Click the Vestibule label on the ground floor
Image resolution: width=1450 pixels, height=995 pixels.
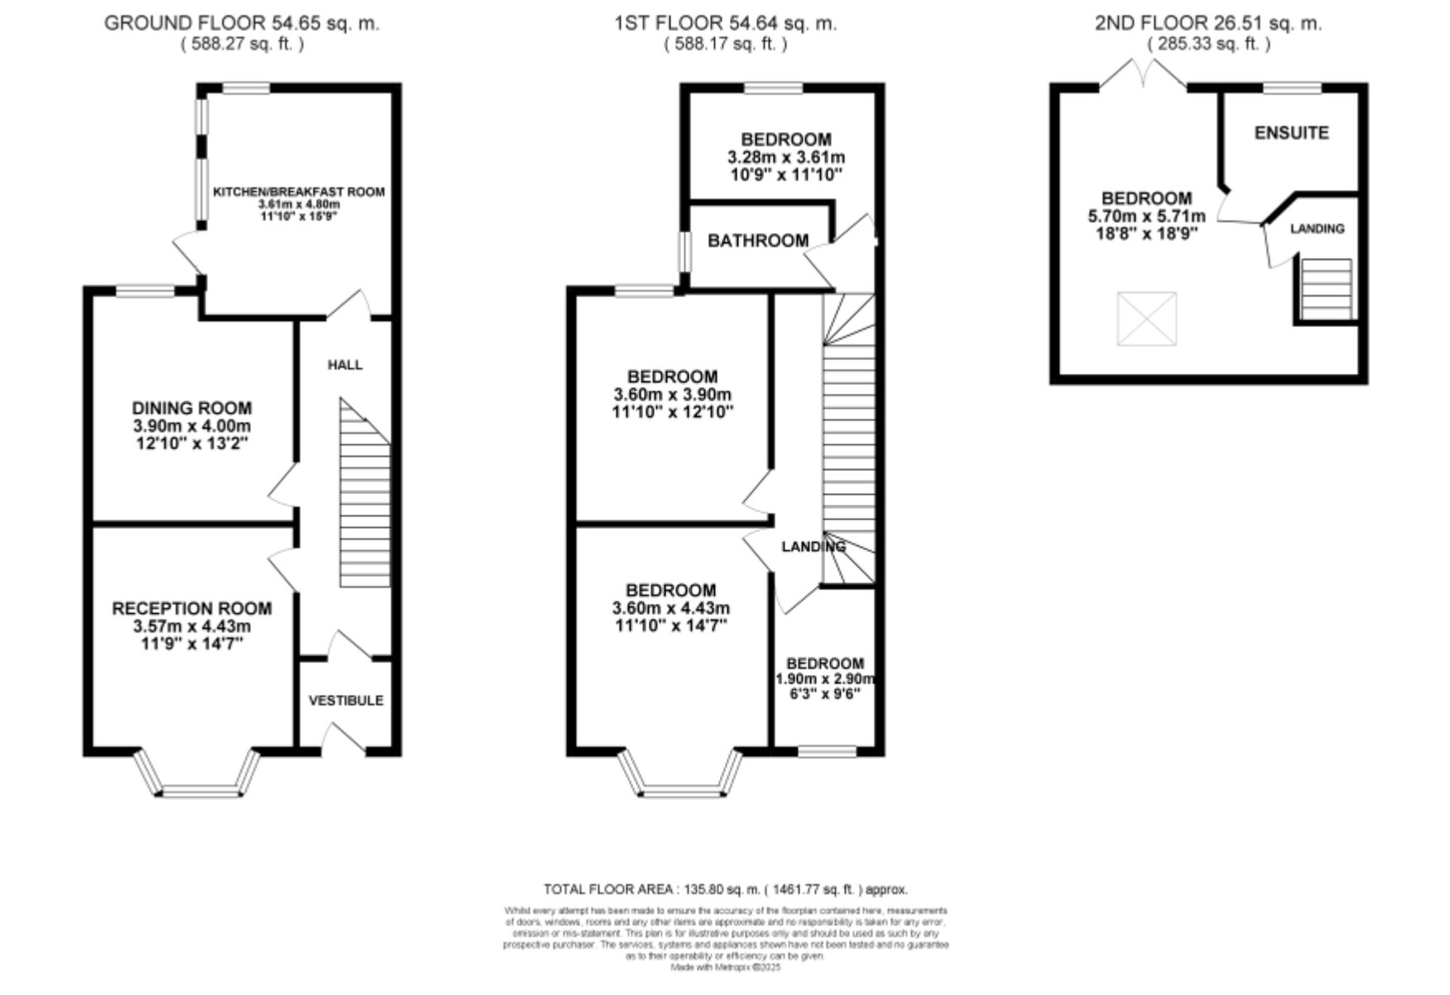(x=346, y=700)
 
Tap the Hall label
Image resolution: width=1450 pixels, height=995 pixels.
(x=345, y=365)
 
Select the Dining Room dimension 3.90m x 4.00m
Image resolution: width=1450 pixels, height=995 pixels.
(x=192, y=426)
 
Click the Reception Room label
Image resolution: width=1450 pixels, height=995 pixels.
(x=192, y=608)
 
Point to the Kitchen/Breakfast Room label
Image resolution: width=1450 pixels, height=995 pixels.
(x=299, y=191)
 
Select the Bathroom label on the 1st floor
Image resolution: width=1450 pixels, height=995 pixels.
(x=758, y=240)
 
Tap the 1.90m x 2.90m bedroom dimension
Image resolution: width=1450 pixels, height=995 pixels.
(x=825, y=679)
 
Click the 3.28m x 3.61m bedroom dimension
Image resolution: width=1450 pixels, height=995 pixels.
(x=786, y=157)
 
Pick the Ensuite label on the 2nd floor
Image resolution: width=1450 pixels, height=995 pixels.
(x=1291, y=133)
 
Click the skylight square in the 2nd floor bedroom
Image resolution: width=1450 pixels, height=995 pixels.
(x=1146, y=318)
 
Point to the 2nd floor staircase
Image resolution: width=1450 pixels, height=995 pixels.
(x=1326, y=289)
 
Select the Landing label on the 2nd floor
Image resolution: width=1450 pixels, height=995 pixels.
(x=1317, y=228)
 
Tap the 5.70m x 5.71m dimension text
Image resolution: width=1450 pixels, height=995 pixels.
(x=1146, y=216)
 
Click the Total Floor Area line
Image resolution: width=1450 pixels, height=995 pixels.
(x=725, y=888)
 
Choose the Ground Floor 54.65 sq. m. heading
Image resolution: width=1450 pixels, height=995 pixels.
(x=241, y=23)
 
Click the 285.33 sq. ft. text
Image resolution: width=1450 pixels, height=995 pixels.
(x=1208, y=43)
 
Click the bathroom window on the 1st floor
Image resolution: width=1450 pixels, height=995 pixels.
(x=683, y=251)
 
